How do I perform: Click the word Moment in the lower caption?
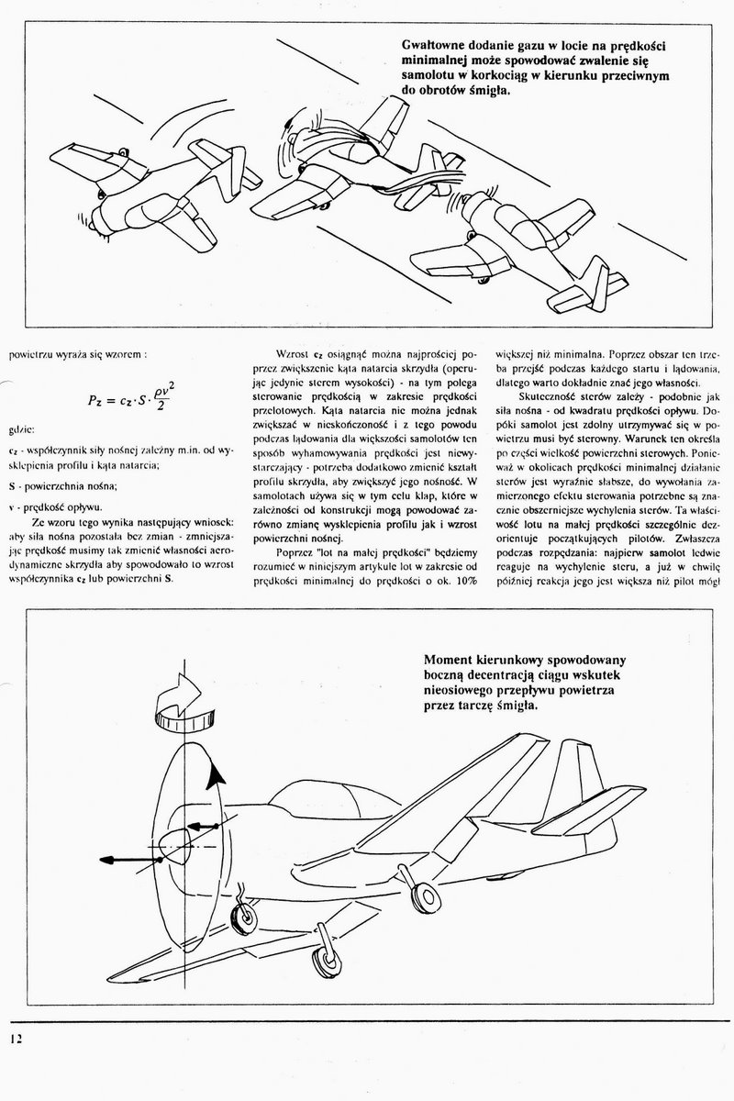[451, 658]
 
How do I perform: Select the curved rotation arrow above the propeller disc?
[184, 706]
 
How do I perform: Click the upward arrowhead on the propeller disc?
[217, 778]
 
